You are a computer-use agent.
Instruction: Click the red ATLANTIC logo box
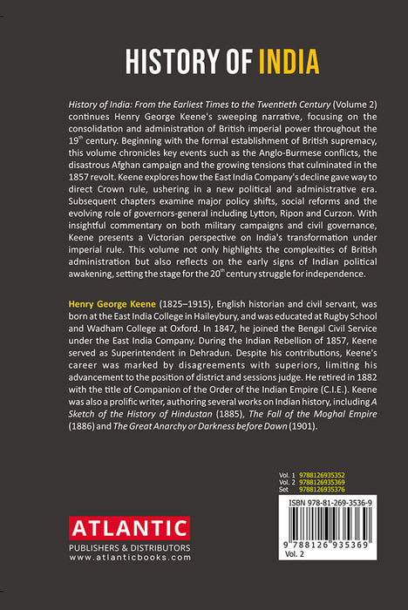click(128, 528)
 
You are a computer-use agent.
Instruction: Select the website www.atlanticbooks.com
click(129, 558)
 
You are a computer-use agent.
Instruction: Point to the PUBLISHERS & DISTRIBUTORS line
click(129, 547)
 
